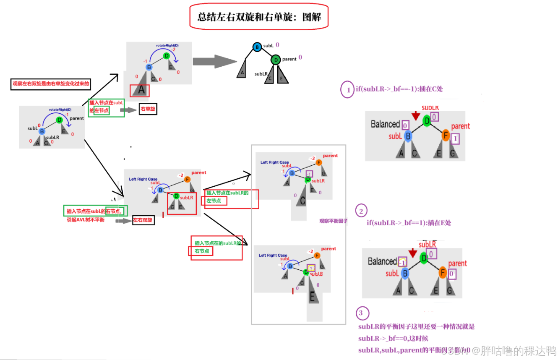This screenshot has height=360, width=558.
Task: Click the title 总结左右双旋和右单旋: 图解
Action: (x=259, y=17)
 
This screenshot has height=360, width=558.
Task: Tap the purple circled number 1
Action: (x=347, y=89)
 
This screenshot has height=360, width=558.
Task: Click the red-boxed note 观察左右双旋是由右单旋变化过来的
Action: (x=51, y=84)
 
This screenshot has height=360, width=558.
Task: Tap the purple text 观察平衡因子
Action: (x=333, y=221)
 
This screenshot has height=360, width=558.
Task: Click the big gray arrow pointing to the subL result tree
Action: (x=214, y=61)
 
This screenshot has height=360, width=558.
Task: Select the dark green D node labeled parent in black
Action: (x=275, y=60)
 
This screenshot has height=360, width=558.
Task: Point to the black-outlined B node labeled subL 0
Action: (x=257, y=47)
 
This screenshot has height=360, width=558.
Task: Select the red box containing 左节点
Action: (x=216, y=201)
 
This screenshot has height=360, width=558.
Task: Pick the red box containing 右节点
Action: (x=201, y=251)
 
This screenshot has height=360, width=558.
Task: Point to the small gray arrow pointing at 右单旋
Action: (x=128, y=110)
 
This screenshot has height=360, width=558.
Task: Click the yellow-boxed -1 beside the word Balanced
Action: (x=402, y=261)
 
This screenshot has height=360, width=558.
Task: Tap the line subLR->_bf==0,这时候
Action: (x=393, y=338)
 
